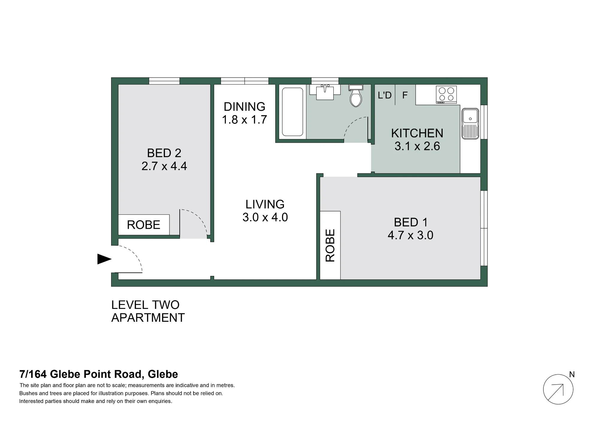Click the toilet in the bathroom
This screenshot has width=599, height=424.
356,96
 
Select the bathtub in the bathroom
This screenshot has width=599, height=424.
293,112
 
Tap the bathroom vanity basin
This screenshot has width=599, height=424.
325,92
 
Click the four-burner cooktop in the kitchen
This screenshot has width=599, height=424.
446,94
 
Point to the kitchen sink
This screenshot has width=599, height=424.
470,124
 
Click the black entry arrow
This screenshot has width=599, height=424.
104,259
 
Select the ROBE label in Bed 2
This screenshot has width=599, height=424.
143,225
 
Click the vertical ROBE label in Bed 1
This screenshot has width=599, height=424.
330,246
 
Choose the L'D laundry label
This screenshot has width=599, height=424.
385,95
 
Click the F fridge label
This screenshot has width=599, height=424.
405,95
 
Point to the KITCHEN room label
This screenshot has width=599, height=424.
417,133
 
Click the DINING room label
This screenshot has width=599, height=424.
244,107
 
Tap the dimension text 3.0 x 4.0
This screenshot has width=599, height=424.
265,217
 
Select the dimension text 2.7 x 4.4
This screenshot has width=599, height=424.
164,166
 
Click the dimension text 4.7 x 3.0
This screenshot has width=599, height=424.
410,235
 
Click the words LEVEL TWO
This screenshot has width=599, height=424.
145,305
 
